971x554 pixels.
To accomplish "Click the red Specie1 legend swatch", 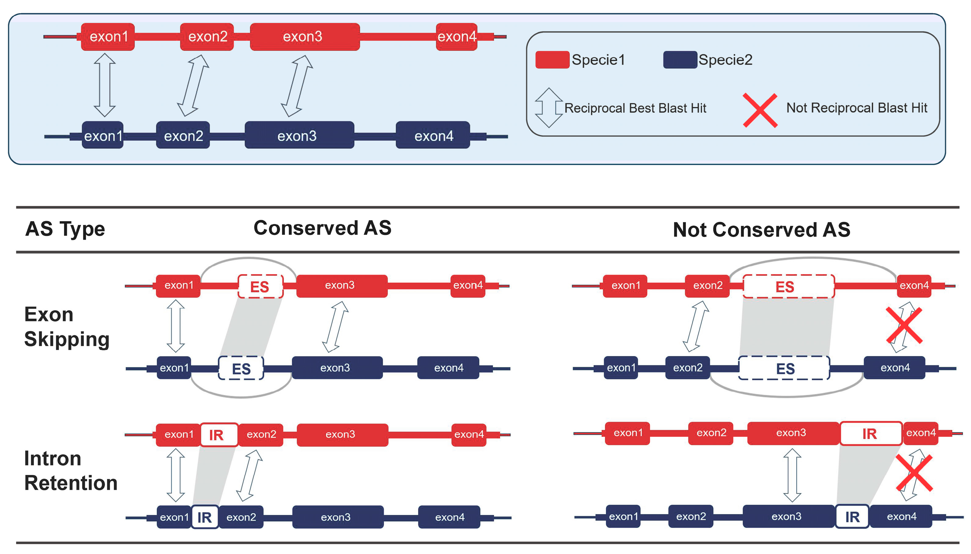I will point(552,60).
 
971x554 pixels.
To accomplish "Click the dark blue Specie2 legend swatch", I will point(680,60).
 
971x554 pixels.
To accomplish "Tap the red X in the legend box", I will point(760,110).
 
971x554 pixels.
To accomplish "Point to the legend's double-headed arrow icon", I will point(548,108).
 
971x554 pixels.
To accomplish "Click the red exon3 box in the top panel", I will point(304,37).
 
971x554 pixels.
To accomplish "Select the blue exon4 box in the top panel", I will point(433,135).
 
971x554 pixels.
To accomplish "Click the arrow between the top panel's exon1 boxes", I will point(104,85).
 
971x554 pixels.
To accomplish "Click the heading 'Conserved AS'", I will point(322,228).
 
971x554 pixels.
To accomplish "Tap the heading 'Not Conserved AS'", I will point(761,230).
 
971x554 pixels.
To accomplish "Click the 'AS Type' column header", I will point(65,229).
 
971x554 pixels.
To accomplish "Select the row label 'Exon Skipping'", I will point(67,326).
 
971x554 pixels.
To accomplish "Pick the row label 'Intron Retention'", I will point(70,470).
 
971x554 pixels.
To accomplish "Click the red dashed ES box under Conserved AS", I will point(260,286).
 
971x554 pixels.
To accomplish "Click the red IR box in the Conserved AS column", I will point(219,434).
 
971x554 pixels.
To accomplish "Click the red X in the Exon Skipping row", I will point(904,326).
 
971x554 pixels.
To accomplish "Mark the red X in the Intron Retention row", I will point(914,473).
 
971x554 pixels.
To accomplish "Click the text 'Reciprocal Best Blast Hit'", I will point(635,108).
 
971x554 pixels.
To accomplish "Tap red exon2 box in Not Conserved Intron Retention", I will point(711,433).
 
